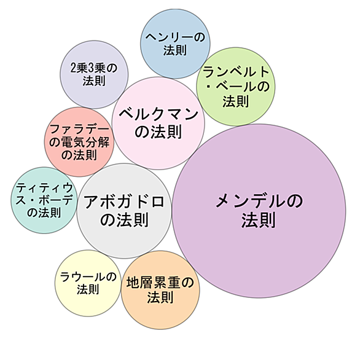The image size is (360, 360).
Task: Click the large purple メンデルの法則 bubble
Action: pyautogui.click(x=259, y=211)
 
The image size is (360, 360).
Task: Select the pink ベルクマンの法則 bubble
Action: pyautogui.click(x=158, y=123)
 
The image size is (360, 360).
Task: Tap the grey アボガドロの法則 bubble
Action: pyautogui.click(x=124, y=211)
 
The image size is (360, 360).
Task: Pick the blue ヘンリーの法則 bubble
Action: pyautogui.click(x=175, y=44)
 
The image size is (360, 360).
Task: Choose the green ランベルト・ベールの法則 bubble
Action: pyautogui.click(x=236, y=87)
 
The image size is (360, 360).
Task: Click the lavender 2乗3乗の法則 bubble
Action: pyautogui.click(x=94, y=74)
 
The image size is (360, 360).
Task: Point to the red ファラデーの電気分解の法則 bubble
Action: pyautogui.click(x=79, y=142)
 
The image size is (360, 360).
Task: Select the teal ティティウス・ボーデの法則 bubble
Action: pyautogui.click(x=44, y=200)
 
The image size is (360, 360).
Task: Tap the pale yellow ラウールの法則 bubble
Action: pyautogui.click(x=88, y=283)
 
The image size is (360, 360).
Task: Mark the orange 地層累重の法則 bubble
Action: pyautogui.click(x=160, y=290)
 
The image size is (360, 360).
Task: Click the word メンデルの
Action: pyautogui.click(x=259, y=201)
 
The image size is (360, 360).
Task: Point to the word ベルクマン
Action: pyautogui.click(x=158, y=114)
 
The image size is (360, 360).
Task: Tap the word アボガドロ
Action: pyautogui.click(x=124, y=202)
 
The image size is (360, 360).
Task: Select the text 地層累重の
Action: pyautogui.click(x=160, y=283)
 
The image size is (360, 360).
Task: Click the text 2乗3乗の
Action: pyautogui.click(x=94, y=68)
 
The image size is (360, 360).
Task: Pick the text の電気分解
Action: pyautogui.click(x=79, y=143)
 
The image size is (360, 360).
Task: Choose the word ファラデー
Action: pyautogui.click(x=79, y=129)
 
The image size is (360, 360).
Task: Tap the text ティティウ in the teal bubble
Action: pyautogui.click(x=44, y=188)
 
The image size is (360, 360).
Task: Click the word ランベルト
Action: pyautogui.click(x=236, y=72)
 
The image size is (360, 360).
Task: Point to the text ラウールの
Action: pyautogui.click(x=88, y=277)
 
